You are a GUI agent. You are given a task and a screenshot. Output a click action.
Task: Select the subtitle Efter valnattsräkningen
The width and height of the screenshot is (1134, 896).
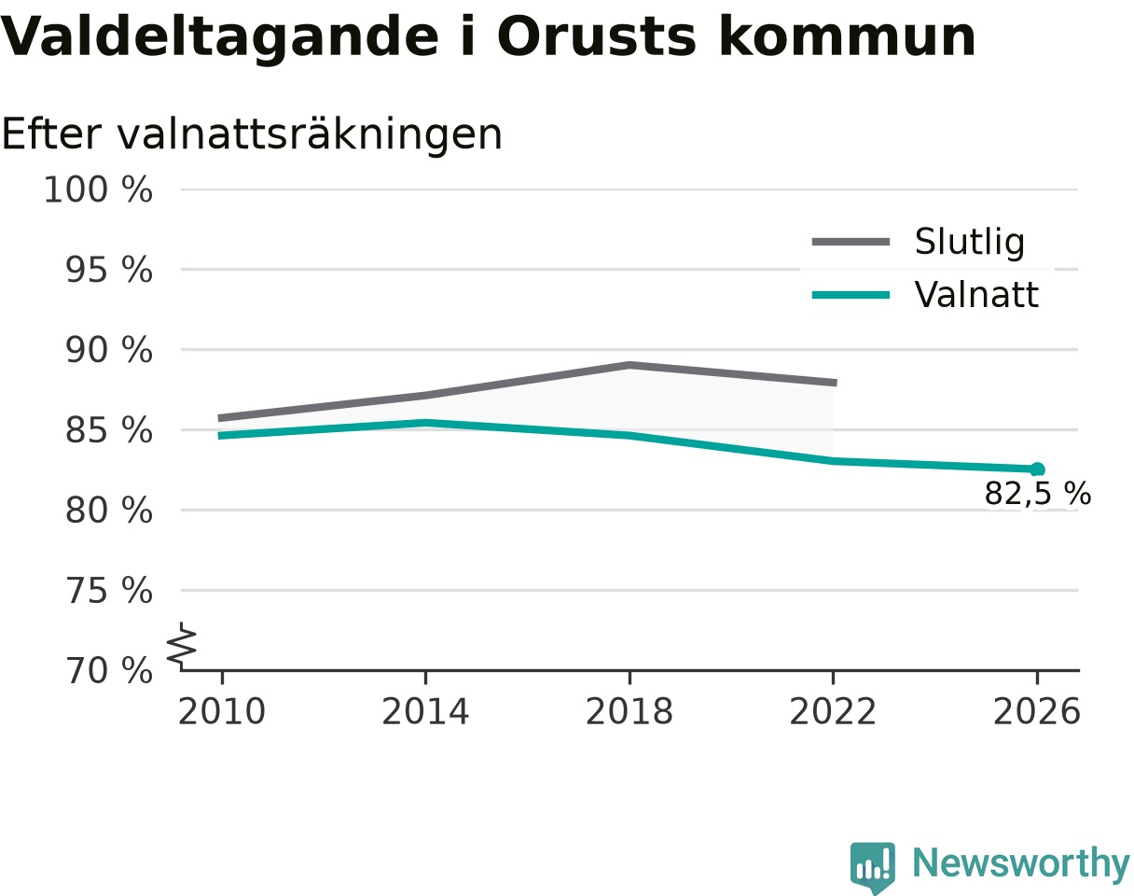252,135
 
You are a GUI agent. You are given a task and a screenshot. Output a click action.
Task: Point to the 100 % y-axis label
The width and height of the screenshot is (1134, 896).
98,189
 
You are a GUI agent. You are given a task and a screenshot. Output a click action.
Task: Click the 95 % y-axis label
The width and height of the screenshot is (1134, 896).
108,270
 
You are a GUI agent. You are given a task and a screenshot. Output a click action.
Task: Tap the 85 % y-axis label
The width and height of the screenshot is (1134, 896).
108,430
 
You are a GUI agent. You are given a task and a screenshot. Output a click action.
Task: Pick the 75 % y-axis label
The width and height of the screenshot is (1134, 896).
108,591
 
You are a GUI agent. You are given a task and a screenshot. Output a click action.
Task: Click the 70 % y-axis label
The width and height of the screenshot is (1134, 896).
108,671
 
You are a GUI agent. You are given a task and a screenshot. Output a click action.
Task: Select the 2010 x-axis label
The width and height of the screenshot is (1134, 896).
222,712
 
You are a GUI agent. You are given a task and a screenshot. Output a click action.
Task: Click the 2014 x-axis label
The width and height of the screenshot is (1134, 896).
425,712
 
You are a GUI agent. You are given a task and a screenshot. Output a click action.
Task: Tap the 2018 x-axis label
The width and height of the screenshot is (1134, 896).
629,712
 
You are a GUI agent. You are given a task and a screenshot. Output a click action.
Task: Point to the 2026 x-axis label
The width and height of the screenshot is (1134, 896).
1036,712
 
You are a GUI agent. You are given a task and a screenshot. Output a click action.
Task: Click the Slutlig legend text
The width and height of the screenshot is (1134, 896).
970,243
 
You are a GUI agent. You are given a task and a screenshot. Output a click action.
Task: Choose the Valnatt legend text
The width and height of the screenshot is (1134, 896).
976,294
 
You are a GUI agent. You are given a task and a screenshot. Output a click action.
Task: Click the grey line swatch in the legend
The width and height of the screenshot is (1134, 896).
850,242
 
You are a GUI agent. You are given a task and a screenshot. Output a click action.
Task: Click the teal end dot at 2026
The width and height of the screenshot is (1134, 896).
1037,469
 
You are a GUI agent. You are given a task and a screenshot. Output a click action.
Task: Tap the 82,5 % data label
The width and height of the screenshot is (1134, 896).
1038,494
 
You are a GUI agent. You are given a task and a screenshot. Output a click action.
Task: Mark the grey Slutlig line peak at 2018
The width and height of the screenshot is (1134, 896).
629,365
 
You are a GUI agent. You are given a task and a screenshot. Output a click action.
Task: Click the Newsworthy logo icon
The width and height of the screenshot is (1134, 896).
872,863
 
